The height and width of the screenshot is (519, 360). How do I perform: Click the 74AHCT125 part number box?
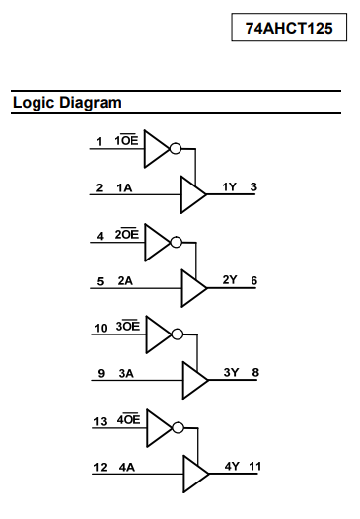(x=289, y=28)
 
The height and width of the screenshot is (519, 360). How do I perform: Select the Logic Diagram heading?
(x=67, y=102)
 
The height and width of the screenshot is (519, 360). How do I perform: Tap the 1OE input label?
(x=126, y=140)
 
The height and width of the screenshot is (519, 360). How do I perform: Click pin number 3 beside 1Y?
(x=253, y=187)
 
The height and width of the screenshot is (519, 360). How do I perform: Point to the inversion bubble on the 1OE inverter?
(x=176, y=149)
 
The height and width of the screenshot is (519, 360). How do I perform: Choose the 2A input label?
(x=125, y=280)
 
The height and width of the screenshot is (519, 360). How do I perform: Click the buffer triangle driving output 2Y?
(x=194, y=288)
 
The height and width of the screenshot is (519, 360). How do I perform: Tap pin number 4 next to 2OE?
(x=100, y=236)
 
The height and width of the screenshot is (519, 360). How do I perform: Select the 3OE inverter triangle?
(x=159, y=334)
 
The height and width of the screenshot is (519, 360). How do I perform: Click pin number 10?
(x=101, y=328)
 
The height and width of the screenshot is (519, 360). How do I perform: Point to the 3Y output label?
(x=231, y=372)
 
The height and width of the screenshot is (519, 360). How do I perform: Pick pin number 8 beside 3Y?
(x=255, y=372)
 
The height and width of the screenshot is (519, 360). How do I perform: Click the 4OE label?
(x=129, y=419)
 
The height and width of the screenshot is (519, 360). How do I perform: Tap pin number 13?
(x=100, y=422)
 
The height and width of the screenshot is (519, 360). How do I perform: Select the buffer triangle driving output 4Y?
(x=196, y=474)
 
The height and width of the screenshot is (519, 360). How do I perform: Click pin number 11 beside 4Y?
(x=255, y=467)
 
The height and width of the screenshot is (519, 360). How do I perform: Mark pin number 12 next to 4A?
(x=100, y=468)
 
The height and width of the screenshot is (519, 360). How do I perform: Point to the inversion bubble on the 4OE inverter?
(x=178, y=427)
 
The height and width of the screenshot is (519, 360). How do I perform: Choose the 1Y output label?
(x=229, y=187)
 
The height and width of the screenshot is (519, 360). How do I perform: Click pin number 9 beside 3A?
(x=101, y=373)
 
